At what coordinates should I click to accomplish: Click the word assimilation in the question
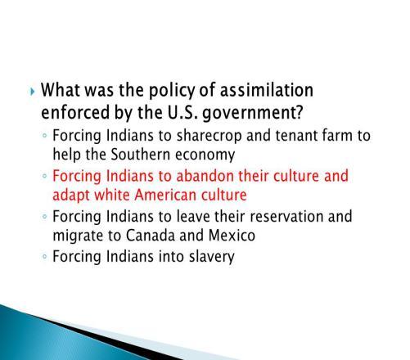click(x=267, y=90)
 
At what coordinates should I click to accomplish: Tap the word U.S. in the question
click(x=182, y=112)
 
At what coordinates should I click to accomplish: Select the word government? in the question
click(x=253, y=114)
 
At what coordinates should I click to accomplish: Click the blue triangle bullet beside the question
click(x=32, y=92)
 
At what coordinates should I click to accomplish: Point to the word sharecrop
click(x=210, y=136)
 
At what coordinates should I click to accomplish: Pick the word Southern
click(x=141, y=155)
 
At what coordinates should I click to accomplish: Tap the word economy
click(x=205, y=155)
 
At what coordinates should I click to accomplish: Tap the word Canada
click(x=151, y=235)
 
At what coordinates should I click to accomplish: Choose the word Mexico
click(x=232, y=235)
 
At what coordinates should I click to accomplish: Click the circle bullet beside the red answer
click(x=45, y=176)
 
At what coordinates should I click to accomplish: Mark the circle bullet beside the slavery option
click(x=45, y=257)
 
